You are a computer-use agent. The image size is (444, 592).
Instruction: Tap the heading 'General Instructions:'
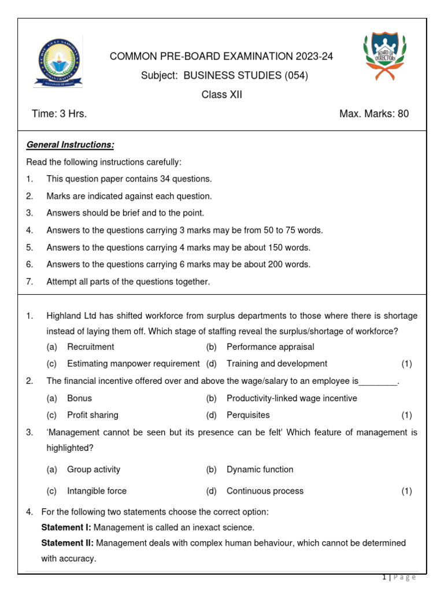[70, 145]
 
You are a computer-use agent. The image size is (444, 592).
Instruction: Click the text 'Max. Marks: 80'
[373, 114]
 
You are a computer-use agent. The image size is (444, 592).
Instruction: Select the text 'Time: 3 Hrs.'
[60, 114]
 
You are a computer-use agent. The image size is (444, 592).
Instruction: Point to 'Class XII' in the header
[221, 95]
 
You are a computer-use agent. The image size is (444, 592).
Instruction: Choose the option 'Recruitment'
[91, 347]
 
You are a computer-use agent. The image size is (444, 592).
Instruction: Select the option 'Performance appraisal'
[270, 347]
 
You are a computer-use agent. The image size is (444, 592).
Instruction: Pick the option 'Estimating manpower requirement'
[133, 364]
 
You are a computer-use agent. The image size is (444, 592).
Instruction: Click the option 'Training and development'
[276, 364]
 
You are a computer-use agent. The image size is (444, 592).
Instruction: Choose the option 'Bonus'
[79, 398]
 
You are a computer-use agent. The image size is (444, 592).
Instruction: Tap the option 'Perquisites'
[248, 415]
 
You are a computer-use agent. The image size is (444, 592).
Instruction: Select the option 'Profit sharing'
[92, 415]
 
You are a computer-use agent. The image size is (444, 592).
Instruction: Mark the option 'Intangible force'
[97, 491]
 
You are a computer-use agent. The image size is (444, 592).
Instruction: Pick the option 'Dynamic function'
[260, 469]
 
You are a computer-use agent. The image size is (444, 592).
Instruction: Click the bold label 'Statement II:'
[66, 543]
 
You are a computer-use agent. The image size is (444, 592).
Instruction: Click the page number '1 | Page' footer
[399, 577]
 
